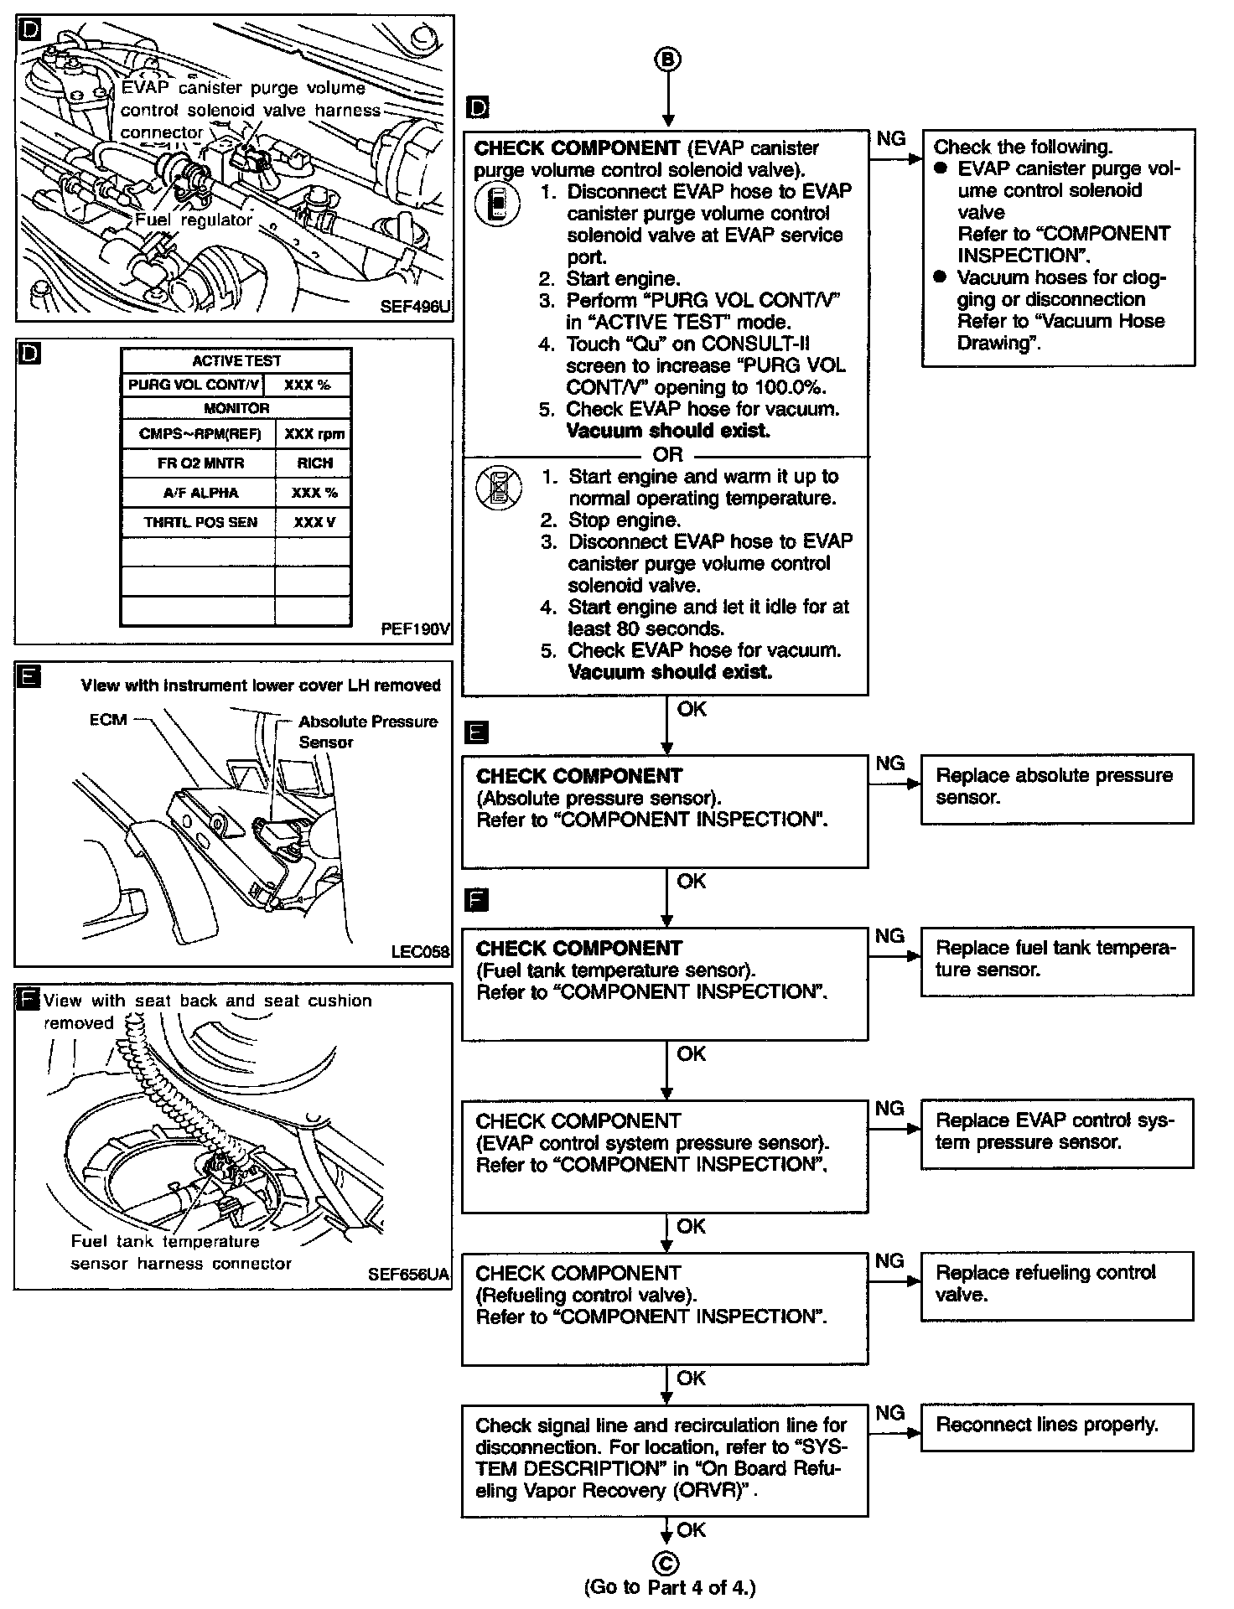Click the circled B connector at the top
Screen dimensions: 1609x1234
[667, 59]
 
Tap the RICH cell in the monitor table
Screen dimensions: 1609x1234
[314, 463]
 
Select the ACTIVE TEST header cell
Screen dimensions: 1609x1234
[236, 361]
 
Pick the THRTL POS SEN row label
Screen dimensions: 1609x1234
[200, 522]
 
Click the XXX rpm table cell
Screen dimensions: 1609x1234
[314, 434]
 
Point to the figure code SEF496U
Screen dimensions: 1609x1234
[415, 307]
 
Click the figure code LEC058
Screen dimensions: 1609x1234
[420, 952]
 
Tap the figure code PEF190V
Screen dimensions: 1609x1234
[416, 629]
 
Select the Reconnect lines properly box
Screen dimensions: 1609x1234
[1056, 1425]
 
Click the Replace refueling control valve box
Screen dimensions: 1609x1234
[1056, 1285]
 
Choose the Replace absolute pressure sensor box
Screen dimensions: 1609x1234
[1056, 788]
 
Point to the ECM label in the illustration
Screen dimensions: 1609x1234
[108, 720]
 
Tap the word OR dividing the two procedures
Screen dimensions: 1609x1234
[667, 455]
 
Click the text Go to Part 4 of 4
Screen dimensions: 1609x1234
[669, 1587]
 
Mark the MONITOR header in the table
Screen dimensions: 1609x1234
[236, 408]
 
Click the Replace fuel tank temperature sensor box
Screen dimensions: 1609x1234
[1056, 960]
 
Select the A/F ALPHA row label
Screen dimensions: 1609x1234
[200, 493]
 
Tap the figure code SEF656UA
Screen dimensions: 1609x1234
[408, 1275]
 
